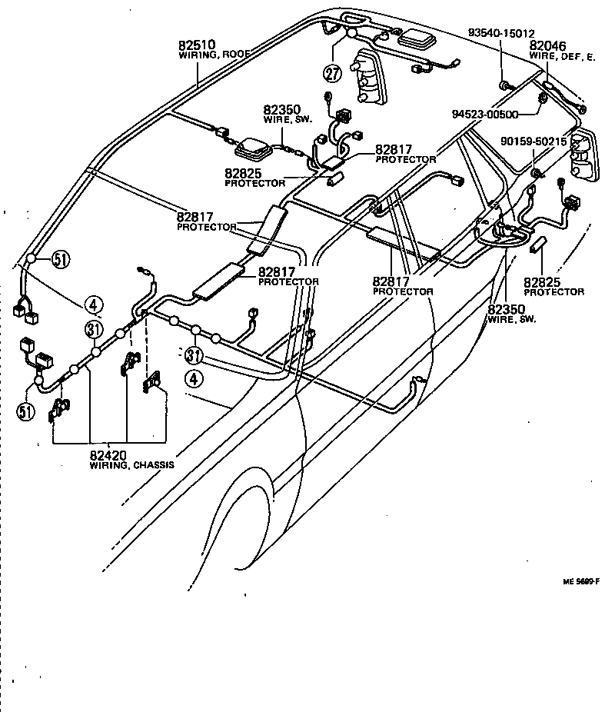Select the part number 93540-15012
pyautogui.click(x=501, y=33)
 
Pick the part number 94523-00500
pyautogui.click(x=485, y=114)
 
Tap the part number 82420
pyautogui.click(x=110, y=455)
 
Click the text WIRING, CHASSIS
pyautogui.click(x=131, y=466)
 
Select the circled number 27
pyautogui.click(x=332, y=75)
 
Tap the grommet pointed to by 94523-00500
pyautogui.click(x=543, y=98)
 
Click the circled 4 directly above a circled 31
pyautogui.click(x=93, y=306)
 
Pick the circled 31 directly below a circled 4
pyautogui.click(x=94, y=329)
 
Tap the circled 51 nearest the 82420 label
pyautogui.click(x=26, y=411)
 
